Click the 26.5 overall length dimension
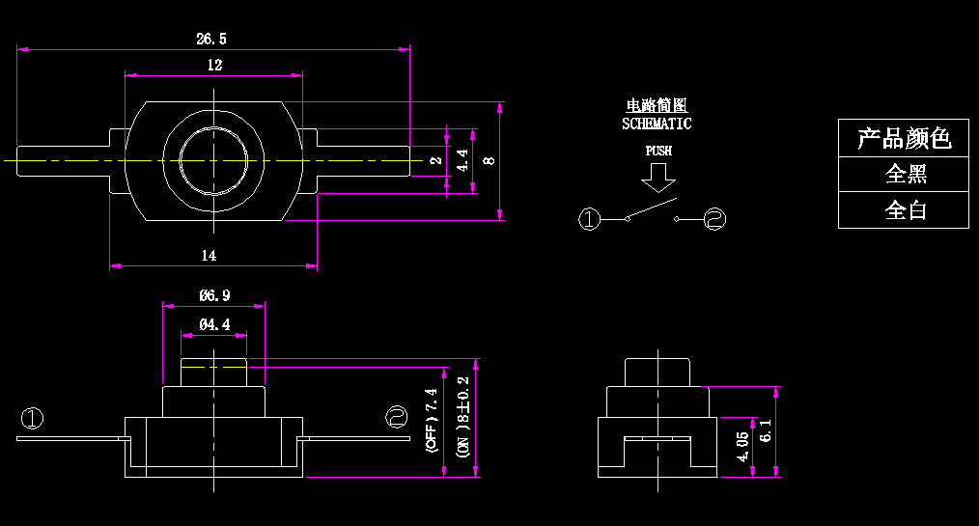pos(211,39)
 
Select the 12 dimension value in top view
pos(214,65)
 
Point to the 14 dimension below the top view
pos(209,255)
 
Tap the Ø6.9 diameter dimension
pos(214,295)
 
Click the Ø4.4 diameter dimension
pos(214,325)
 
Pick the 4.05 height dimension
pos(742,446)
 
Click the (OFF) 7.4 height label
pos(432,421)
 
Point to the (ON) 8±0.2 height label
pos(462,417)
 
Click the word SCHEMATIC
pos(657,124)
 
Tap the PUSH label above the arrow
pos(658,151)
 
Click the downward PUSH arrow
pos(659,177)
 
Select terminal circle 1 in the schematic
pos(589,220)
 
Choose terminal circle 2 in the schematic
pos(714,220)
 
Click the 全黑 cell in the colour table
pos(904,175)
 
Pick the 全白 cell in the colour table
pos(904,210)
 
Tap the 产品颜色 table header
pos(904,138)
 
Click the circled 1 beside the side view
pos(32,419)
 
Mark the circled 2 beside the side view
pos(396,417)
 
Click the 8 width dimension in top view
pos(489,160)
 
